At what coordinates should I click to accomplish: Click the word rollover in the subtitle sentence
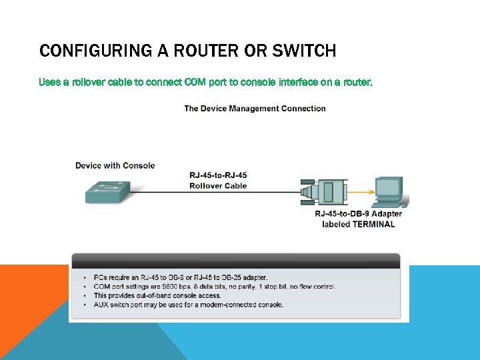[91, 83]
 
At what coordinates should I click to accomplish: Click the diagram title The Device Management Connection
[255, 109]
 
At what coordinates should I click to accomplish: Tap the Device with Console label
[115, 165]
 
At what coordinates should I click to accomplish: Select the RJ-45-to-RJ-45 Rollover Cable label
[218, 181]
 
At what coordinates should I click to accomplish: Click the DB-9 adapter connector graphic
[331, 192]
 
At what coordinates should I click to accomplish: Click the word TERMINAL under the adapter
[373, 225]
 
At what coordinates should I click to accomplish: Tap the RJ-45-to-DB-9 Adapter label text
[358, 214]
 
